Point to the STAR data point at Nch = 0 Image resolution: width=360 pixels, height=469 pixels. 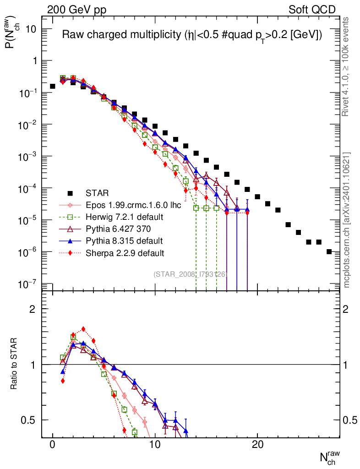(53, 86)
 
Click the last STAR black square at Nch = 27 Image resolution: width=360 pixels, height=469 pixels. (329, 251)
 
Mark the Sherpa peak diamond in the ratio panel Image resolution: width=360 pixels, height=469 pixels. (83, 329)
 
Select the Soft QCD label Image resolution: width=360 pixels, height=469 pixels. (312, 10)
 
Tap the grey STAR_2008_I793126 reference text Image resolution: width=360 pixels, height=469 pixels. (190, 274)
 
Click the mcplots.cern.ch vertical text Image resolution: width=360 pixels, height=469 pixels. (347, 220)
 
